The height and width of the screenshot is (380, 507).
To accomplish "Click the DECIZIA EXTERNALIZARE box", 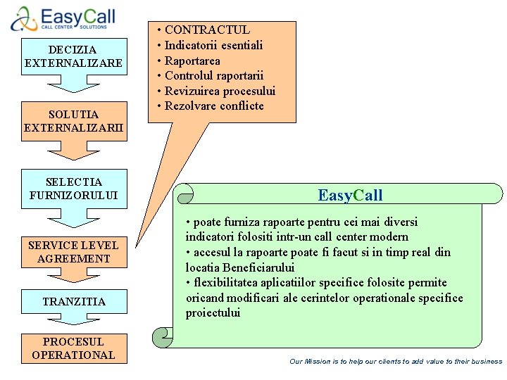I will point(73,56).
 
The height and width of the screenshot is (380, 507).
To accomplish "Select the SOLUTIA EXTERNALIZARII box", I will point(73,120).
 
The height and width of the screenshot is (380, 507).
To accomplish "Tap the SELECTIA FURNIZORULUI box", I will point(73,189).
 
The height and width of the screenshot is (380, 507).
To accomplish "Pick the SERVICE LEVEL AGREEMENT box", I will point(73,251).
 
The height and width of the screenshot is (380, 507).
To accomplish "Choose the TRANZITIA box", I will point(73,301).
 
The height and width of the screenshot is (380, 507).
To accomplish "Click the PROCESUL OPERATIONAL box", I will point(73,348).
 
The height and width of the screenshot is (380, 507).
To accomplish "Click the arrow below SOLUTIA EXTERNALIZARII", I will point(73,151).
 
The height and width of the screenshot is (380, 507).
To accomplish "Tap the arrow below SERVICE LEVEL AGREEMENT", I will point(73,278).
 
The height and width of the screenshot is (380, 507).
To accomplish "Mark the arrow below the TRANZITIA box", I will point(73,319).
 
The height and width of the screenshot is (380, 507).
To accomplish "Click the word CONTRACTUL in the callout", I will point(206,30).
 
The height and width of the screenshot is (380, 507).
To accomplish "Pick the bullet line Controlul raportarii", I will point(213,75).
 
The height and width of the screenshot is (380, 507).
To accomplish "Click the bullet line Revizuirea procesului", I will point(220,91).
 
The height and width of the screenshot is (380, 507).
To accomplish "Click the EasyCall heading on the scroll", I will point(350,195).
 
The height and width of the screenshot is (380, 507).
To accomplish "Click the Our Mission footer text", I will point(396,361).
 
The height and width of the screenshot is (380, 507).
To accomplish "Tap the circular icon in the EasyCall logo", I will point(23,18).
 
